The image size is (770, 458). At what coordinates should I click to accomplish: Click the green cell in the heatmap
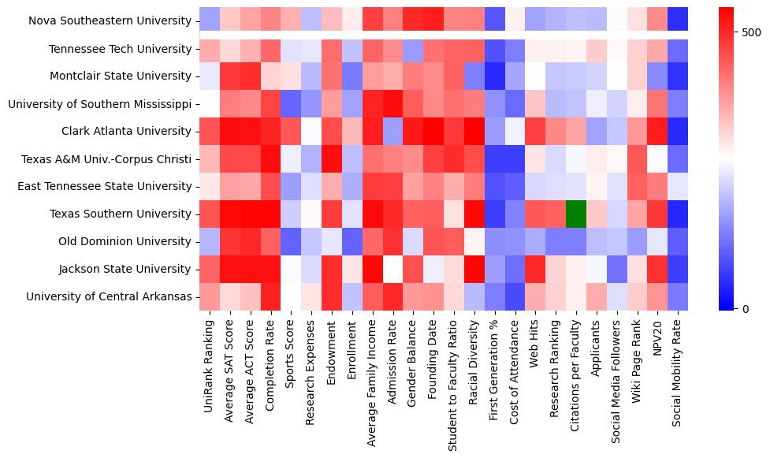pos(576,214)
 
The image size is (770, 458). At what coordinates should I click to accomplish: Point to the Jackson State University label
pos(126,269)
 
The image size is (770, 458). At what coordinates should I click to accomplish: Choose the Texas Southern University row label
pos(121,214)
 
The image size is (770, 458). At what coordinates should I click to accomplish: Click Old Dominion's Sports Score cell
pos(290,241)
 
